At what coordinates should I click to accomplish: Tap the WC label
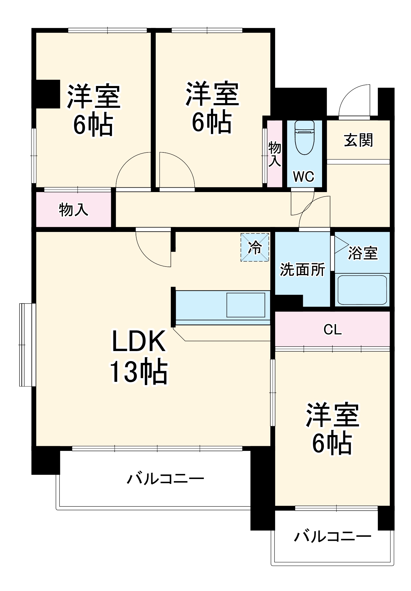[x=303, y=177]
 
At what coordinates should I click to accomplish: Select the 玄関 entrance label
[x=358, y=140]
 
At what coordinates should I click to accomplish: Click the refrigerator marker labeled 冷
[x=255, y=247]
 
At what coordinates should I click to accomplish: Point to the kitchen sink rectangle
[x=246, y=305]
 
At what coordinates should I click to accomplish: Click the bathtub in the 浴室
[x=362, y=290]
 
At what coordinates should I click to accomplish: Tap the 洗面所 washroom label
[x=302, y=269]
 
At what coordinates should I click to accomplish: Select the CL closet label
[x=332, y=329]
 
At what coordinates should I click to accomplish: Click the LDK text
[x=138, y=341]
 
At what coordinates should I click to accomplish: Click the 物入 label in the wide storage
[x=73, y=210]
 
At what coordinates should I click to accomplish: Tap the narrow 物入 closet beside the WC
[x=274, y=154]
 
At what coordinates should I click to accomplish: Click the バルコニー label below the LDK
[x=165, y=478]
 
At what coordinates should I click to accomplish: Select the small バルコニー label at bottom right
[x=332, y=536]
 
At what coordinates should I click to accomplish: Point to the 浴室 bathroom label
[x=363, y=253]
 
